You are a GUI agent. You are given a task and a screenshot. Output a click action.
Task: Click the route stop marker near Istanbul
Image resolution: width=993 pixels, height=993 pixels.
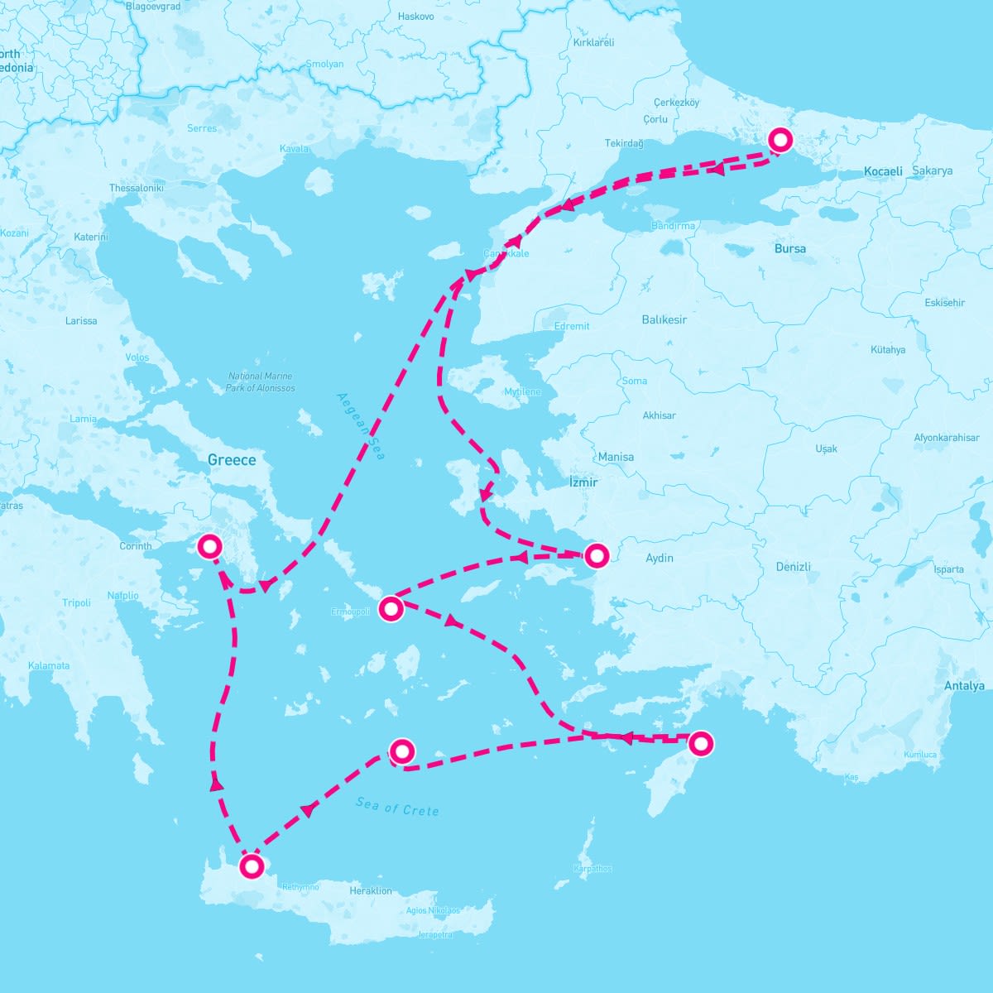(780, 140)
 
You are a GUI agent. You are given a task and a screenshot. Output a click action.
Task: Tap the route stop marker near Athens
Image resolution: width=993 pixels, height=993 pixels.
(210, 546)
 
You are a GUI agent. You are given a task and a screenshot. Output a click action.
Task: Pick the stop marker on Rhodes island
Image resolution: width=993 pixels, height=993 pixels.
(700, 743)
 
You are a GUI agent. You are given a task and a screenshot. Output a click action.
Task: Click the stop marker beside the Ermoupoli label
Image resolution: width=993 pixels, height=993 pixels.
(391, 609)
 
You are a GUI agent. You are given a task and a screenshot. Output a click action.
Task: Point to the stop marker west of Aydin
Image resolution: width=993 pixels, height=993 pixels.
(596, 555)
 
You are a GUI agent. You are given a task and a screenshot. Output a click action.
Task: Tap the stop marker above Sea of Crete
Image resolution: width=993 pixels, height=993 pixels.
(401, 751)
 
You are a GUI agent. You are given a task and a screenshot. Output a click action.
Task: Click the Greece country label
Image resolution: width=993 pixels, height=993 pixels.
(232, 460)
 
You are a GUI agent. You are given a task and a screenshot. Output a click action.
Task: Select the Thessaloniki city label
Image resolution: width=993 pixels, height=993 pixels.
(137, 188)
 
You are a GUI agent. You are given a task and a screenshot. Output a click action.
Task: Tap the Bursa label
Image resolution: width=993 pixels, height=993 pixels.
(789, 248)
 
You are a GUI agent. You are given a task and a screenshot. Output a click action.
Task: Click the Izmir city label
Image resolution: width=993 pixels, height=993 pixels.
(583, 482)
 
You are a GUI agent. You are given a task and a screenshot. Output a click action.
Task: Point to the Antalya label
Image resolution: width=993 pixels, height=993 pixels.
(964, 686)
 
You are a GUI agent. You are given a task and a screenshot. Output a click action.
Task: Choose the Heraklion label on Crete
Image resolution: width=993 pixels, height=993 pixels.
(370, 891)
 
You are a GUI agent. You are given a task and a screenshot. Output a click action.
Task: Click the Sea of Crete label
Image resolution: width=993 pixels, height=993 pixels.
(397, 807)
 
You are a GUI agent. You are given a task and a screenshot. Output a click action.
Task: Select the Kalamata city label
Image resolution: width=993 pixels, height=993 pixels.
(49, 665)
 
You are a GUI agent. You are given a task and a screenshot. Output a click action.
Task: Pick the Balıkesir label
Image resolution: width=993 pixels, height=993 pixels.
(664, 319)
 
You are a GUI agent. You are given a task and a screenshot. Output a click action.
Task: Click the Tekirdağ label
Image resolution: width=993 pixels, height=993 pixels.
(623, 143)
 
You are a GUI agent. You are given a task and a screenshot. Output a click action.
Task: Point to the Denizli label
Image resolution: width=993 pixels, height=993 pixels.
(793, 567)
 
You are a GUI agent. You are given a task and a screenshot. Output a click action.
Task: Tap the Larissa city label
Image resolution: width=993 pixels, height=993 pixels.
(81, 320)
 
